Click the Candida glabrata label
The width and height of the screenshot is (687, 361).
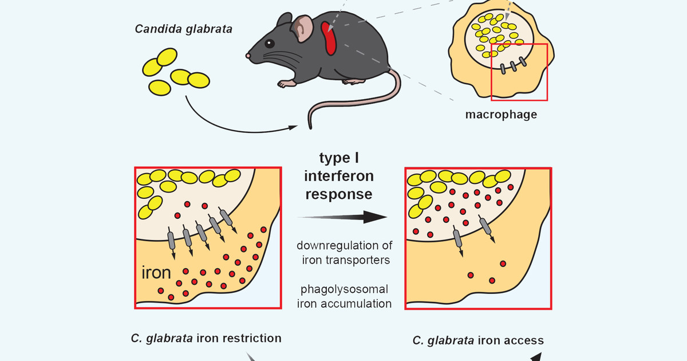183,28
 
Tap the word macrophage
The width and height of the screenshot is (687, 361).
501,114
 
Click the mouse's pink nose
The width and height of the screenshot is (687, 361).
248,56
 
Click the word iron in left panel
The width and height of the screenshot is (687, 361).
156,272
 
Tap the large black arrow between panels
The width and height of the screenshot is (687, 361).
343,217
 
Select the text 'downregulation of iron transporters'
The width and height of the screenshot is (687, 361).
345,253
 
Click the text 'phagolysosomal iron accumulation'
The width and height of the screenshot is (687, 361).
345,296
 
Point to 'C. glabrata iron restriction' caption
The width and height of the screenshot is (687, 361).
206,338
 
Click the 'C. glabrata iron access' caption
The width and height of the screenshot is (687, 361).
478,340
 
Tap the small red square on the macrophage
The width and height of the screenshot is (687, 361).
519,72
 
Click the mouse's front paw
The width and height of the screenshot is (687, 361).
286,84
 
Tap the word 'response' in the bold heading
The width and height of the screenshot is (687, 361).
338,194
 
